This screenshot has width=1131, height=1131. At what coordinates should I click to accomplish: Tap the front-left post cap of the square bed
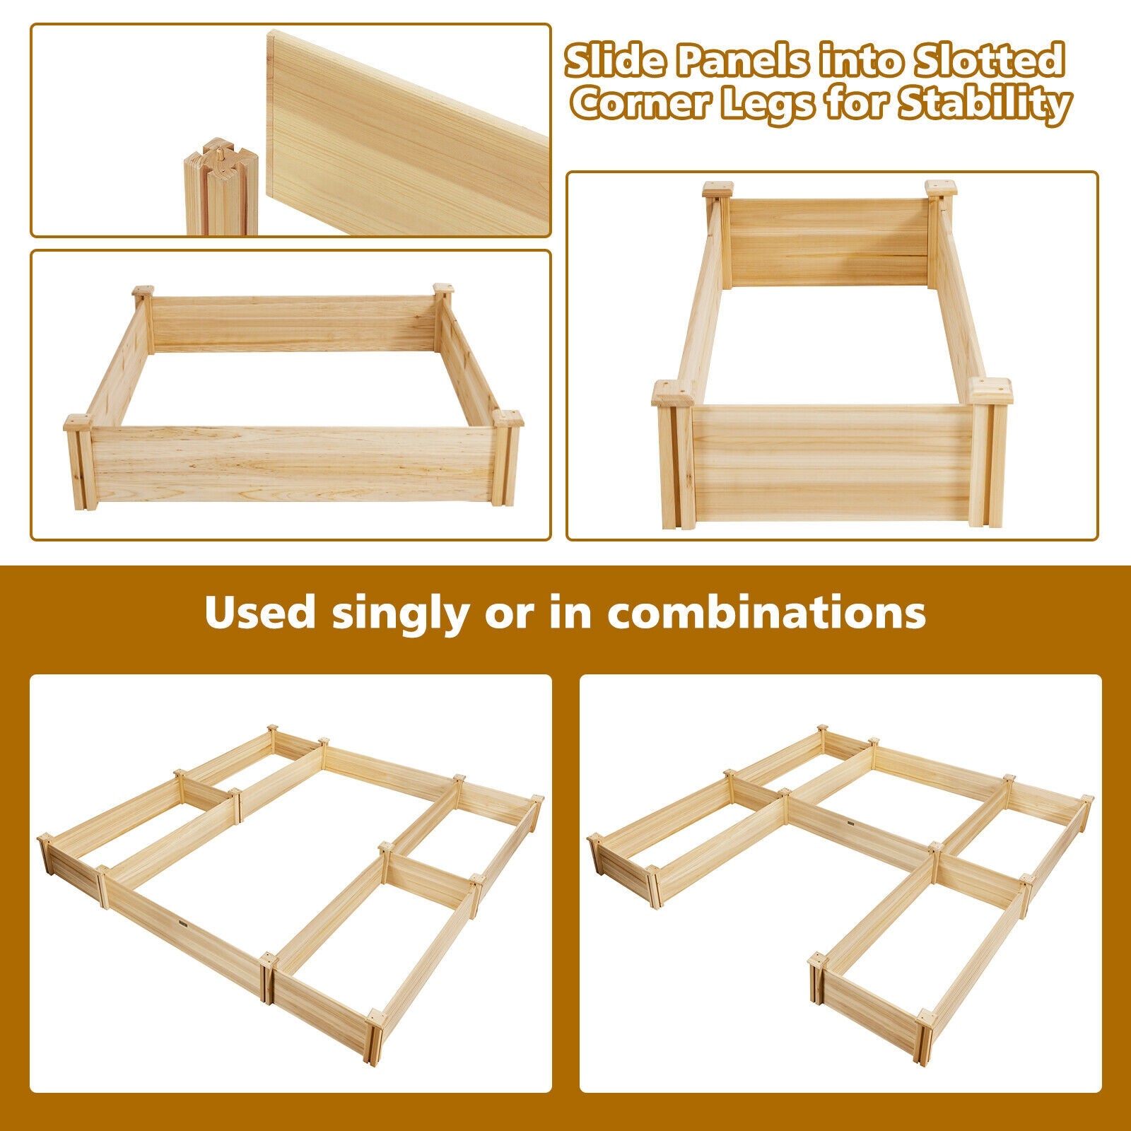click(x=77, y=423)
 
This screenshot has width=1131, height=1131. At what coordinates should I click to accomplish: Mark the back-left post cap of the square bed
click(x=143, y=291)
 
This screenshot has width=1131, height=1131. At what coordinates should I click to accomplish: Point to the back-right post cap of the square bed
click(x=443, y=289)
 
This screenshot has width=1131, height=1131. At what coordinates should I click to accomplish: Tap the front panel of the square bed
click(x=293, y=463)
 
